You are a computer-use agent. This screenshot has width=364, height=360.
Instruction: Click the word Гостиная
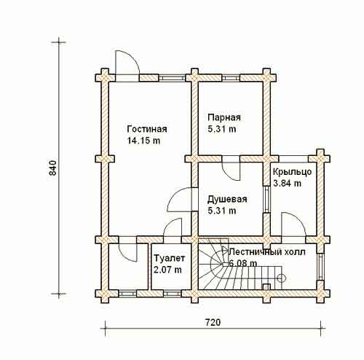(x=147, y=129)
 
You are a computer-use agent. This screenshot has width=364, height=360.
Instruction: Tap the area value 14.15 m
(x=143, y=141)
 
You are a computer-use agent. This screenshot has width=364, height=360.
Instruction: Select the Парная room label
(x=224, y=117)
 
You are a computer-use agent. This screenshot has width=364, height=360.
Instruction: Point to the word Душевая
(x=227, y=200)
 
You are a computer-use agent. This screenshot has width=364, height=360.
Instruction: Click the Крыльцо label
(x=293, y=172)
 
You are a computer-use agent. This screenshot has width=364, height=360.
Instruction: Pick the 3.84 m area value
(x=288, y=183)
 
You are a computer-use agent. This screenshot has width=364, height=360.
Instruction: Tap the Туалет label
(x=170, y=258)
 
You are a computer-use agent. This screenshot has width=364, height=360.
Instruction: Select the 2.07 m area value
(x=167, y=270)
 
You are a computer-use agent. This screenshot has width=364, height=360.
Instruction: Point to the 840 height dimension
(x=52, y=168)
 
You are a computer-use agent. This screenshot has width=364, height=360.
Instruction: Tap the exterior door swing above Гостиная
(x=127, y=63)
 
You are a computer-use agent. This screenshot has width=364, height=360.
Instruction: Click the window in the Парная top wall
(x=231, y=78)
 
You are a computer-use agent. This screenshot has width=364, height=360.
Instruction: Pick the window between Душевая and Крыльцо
(x=267, y=200)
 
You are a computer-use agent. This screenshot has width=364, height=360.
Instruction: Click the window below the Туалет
(x=172, y=294)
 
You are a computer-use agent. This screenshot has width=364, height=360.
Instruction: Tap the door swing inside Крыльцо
(x=293, y=224)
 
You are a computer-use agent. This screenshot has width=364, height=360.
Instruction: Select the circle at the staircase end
(x=282, y=278)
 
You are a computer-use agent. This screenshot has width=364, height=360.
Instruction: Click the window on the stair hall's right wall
(x=320, y=267)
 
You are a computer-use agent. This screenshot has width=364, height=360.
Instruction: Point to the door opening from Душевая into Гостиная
(x=180, y=199)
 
